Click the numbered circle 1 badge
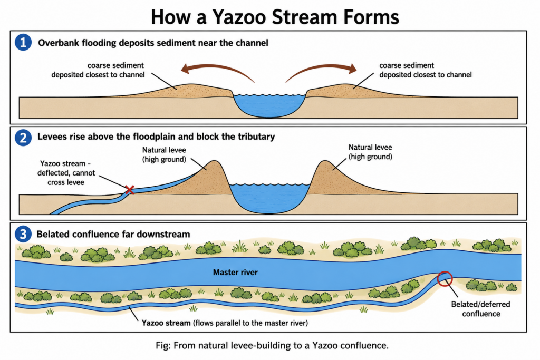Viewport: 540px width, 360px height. coord(23,43)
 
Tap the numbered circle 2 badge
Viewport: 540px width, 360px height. coord(23,138)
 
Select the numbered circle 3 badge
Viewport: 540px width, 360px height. coord(23,235)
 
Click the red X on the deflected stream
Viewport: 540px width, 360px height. coord(130,190)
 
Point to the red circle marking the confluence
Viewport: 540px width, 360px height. coord(445,278)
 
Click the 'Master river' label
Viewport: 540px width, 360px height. coord(235,272)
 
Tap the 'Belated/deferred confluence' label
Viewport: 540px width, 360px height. coord(481,309)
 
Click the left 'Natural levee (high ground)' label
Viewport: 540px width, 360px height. coord(165,154)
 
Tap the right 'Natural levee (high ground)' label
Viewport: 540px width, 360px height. coord(370,152)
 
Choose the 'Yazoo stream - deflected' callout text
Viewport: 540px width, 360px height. coord(66,173)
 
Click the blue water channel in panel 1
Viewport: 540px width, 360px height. coord(269,105)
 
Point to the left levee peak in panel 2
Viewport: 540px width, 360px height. coord(214,161)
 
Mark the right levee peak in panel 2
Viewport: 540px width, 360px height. coord(325,161)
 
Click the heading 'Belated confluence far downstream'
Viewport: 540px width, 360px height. coord(113,235)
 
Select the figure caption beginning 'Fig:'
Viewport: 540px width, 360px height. coord(272,345)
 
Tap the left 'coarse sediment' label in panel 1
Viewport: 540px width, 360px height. coord(98,70)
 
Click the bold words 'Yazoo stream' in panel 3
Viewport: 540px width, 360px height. coord(166,323)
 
